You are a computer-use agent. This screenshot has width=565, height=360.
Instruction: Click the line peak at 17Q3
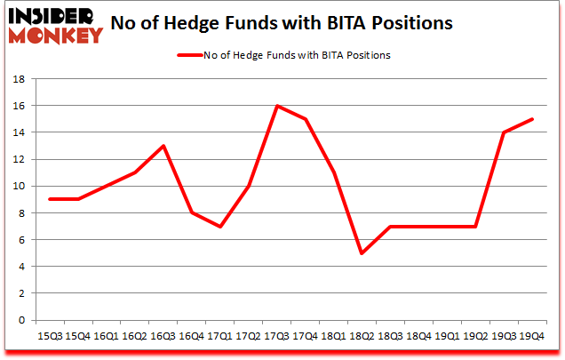click(x=278, y=106)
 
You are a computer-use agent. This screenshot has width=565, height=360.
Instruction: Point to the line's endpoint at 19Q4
click(x=531, y=119)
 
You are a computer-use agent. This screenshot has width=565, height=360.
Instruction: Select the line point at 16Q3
click(x=163, y=146)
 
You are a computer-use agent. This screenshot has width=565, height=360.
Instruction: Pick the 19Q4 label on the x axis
click(x=531, y=336)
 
